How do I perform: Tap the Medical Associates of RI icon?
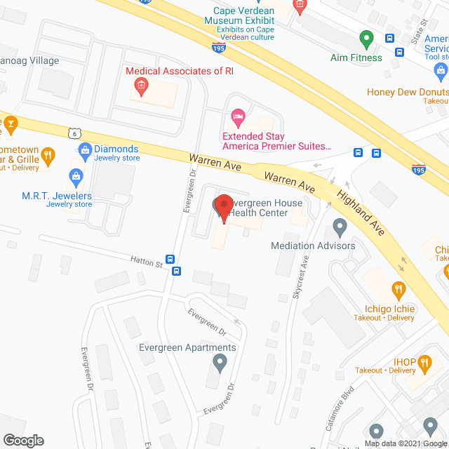pos(140,87)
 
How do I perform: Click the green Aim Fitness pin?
pos(366,38)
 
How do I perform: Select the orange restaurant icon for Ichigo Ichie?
pos(398,288)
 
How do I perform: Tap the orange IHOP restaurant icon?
pos(424,363)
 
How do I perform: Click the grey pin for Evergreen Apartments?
pos(220,363)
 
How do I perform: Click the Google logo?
pos(22,440)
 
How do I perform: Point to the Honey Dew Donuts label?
pos(408,92)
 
